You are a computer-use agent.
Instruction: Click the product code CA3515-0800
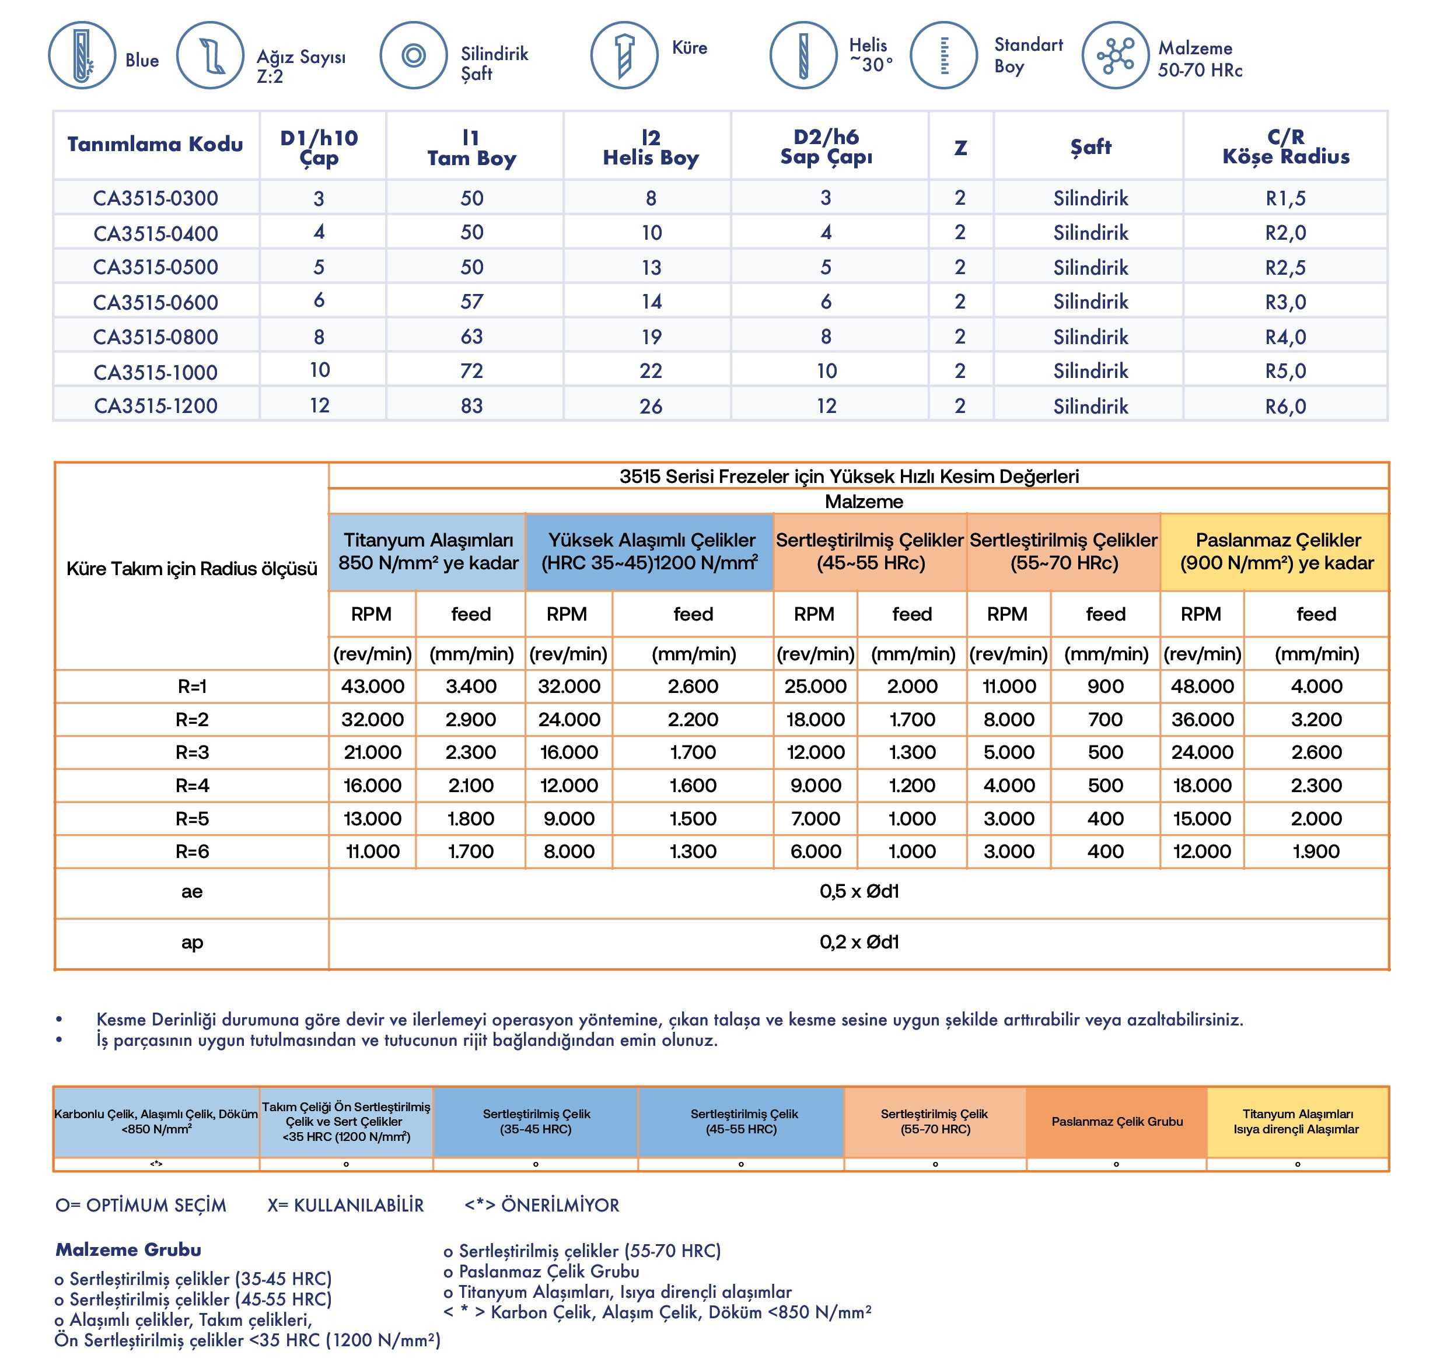click(156, 337)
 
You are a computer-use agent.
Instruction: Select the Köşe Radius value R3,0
click(1285, 302)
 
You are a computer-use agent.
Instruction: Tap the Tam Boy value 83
click(471, 407)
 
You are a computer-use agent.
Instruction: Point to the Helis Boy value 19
click(651, 337)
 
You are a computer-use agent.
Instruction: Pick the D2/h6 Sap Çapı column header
click(826, 146)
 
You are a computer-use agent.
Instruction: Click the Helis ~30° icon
click(803, 55)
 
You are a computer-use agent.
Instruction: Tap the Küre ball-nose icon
click(624, 55)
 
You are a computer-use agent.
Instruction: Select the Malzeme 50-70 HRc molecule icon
click(1115, 55)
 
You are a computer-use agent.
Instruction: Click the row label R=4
click(192, 786)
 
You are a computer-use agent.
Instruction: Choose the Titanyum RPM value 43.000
click(372, 687)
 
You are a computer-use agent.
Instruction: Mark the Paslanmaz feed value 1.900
click(1316, 852)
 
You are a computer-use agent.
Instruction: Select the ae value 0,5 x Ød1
click(858, 892)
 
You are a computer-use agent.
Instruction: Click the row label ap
click(192, 943)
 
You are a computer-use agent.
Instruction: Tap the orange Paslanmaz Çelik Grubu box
click(1116, 1122)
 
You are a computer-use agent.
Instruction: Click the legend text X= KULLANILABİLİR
click(345, 1206)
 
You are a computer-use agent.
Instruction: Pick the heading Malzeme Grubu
click(128, 1250)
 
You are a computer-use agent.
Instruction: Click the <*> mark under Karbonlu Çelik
click(156, 1164)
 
